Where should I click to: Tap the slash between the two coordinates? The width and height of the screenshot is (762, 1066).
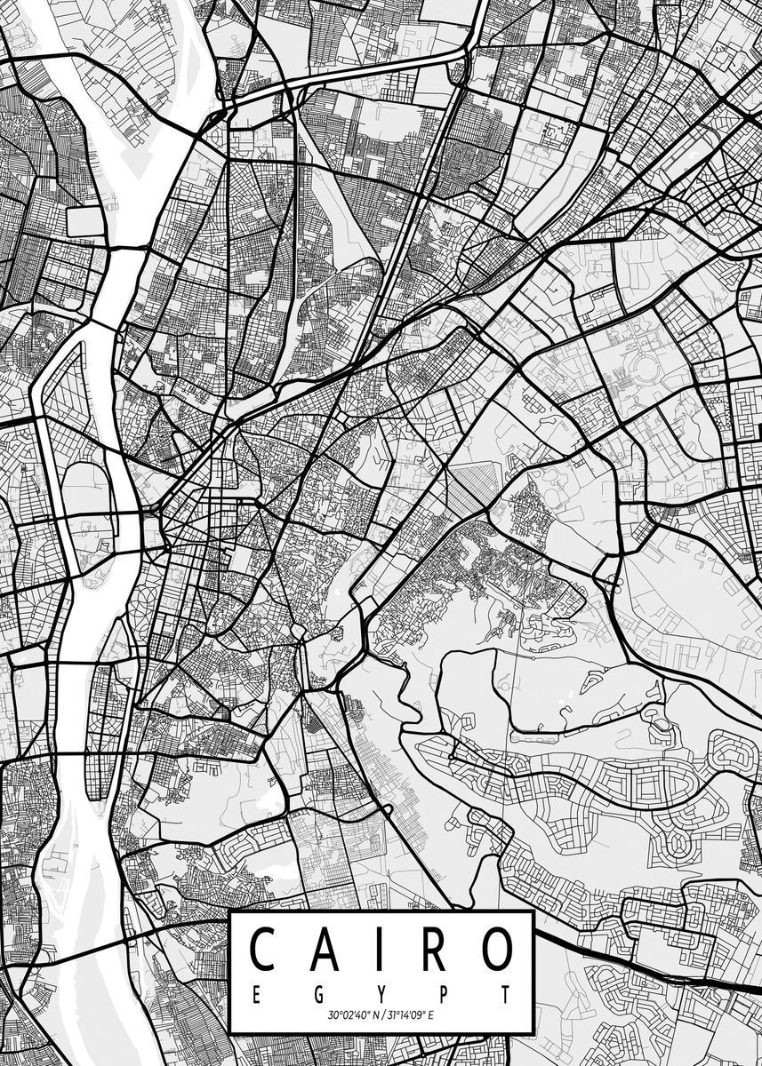pyautogui.click(x=381, y=1014)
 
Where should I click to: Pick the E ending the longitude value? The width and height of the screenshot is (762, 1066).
pyautogui.click(x=432, y=1014)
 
